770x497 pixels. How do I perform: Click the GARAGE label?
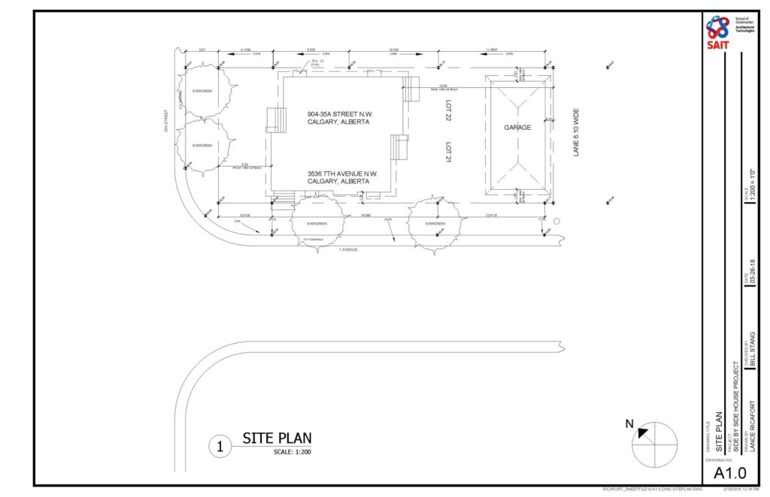point(517,128)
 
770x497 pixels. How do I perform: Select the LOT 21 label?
point(447,149)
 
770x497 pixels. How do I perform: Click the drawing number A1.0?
point(729,472)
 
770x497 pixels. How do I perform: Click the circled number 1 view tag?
point(220,447)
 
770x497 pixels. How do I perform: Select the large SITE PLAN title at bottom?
point(276,438)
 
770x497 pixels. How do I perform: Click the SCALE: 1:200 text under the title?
point(293,452)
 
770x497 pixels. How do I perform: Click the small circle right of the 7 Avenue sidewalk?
point(557,221)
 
